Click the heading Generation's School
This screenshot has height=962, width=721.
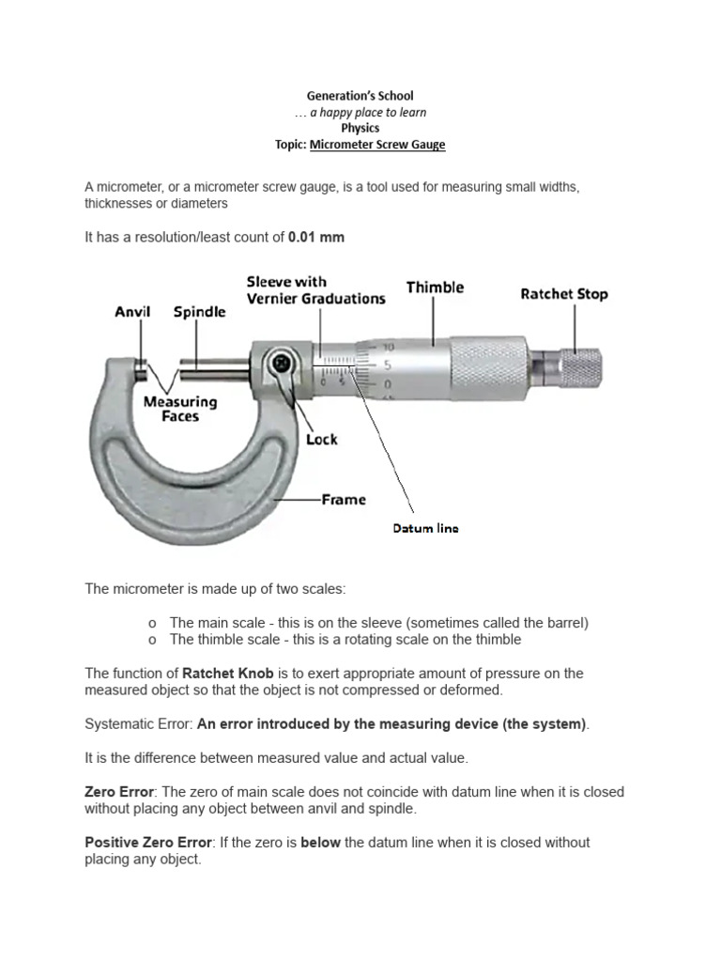click(360, 96)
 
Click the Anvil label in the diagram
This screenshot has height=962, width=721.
click(133, 312)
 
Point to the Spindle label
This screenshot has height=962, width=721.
click(199, 312)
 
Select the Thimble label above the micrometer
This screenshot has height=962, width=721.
click(435, 287)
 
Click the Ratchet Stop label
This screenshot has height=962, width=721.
click(564, 294)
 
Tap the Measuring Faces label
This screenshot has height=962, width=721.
click(180, 409)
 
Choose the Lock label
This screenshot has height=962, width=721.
click(321, 439)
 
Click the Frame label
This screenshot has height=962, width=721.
click(344, 500)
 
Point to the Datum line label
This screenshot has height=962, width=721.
click(425, 529)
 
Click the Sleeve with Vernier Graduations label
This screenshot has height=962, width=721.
click(315, 290)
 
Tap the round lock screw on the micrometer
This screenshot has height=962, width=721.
click(279, 362)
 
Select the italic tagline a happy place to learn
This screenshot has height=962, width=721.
click(360, 113)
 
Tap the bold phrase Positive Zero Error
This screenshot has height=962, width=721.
click(147, 843)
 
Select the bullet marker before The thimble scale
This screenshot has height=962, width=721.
click(151, 640)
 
